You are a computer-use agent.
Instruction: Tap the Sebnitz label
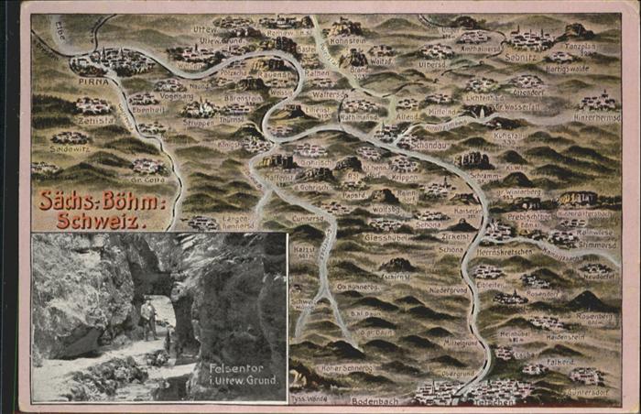click(x=519, y=56)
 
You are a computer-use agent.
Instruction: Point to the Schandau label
click(x=429, y=145)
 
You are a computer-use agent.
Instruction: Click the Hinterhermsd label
click(x=596, y=119)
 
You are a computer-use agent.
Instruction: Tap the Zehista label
click(x=96, y=119)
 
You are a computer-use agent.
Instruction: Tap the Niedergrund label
click(x=448, y=289)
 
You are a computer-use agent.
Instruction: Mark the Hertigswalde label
click(x=568, y=68)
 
